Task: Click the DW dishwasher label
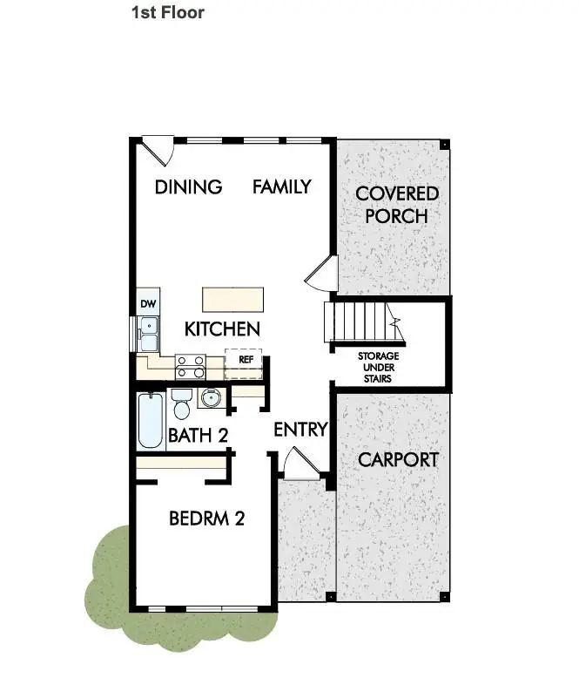click(148, 304)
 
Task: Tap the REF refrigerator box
click(243, 363)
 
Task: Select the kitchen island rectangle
click(232, 300)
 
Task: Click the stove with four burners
click(191, 367)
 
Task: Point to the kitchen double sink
click(149, 334)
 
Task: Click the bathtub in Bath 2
click(151, 421)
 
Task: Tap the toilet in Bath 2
click(181, 403)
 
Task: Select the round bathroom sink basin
click(210, 397)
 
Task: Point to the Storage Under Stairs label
click(379, 367)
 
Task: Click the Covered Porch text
click(397, 205)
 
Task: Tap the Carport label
click(398, 459)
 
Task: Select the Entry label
click(300, 430)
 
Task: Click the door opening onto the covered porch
click(322, 273)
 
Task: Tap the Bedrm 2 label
click(207, 518)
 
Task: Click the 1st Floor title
click(168, 12)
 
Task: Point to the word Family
click(282, 186)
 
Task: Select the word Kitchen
click(222, 329)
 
